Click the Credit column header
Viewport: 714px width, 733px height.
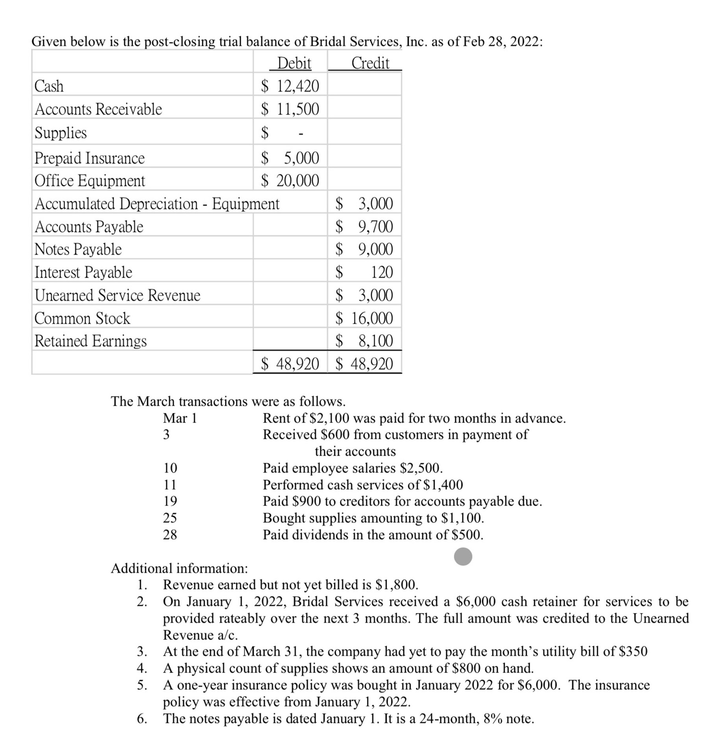pos(370,63)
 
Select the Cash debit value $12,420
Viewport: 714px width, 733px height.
pos(290,86)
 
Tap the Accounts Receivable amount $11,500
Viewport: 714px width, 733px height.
pos(290,109)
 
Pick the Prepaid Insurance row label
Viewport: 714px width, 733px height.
pos(90,158)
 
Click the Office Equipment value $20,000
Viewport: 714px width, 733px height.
pos(290,181)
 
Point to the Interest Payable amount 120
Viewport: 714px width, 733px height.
pos(382,272)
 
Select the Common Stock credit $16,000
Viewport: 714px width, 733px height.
pos(364,318)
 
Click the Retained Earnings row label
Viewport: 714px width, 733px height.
pos(90,341)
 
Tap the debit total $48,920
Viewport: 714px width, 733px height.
pos(290,364)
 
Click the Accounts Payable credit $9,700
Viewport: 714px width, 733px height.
pos(364,227)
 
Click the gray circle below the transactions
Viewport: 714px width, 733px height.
pos(463,556)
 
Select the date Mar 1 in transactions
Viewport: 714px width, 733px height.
pos(180,418)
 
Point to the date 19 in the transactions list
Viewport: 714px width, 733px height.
pos(170,501)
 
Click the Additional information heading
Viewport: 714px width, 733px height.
pos(179,568)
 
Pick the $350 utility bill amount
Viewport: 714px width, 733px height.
pos(633,652)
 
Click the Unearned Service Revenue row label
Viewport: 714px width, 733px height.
pos(117,295)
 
